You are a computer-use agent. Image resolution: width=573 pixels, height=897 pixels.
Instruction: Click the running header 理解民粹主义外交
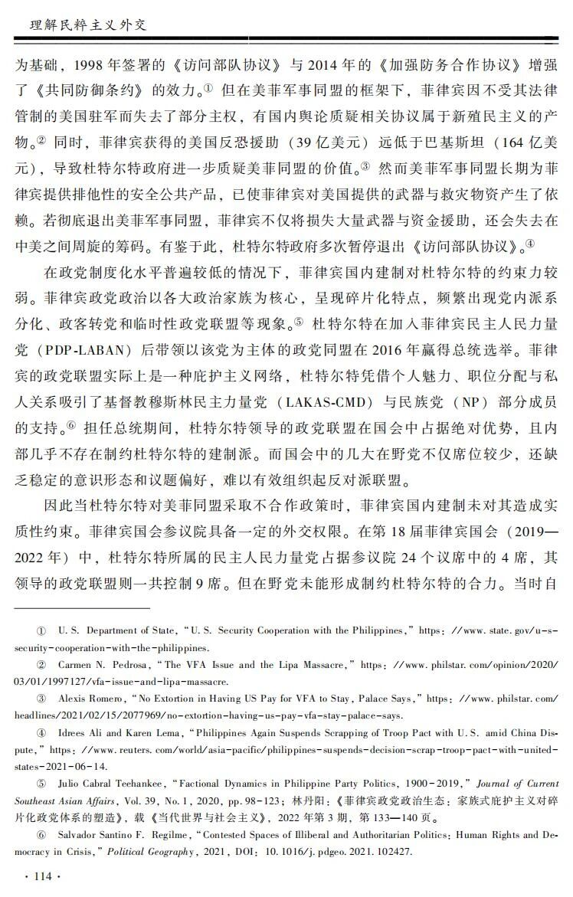pyautogui.click(x=82, y=24)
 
